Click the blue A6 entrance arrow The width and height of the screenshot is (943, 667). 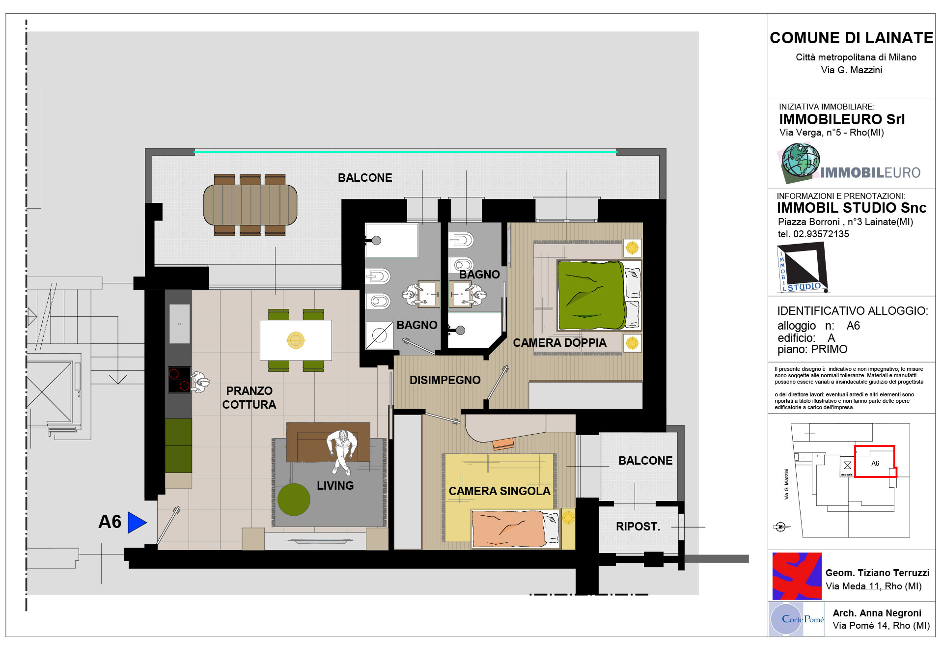(137, 522)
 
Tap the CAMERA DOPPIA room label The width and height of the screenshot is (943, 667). (559, 343)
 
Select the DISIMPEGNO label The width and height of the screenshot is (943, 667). (445, 380)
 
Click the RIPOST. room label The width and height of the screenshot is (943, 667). (638, 527)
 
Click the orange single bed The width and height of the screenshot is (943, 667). (515, 528)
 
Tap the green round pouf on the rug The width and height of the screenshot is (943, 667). (294, 500)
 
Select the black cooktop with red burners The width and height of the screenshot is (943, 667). (179, 380)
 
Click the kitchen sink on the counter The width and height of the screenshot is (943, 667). (180, 324)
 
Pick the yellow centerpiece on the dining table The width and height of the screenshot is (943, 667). (296, 340)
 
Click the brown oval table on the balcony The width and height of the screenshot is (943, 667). (250, 204)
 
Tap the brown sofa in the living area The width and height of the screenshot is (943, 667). (328, 442)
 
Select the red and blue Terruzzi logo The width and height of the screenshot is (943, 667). (797, 576)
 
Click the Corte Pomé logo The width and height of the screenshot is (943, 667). (797, 619)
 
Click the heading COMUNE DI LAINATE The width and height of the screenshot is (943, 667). (851, 38)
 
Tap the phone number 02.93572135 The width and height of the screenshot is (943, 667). (821, 234)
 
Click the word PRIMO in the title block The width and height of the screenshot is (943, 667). (829, 349)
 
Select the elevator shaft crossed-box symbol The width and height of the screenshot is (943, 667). (49, 391)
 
